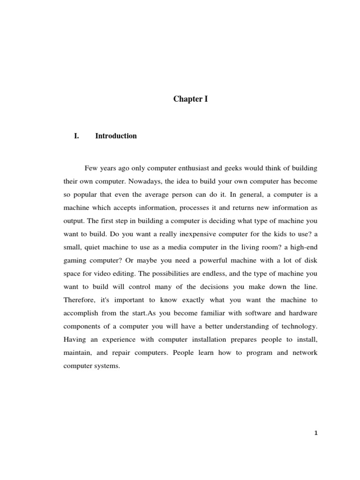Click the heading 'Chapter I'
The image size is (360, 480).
tap(190, 99)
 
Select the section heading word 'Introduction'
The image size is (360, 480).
tap(116, 136)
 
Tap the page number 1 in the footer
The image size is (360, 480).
tap(316, 434)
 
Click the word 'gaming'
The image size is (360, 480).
tap(75, 259)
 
